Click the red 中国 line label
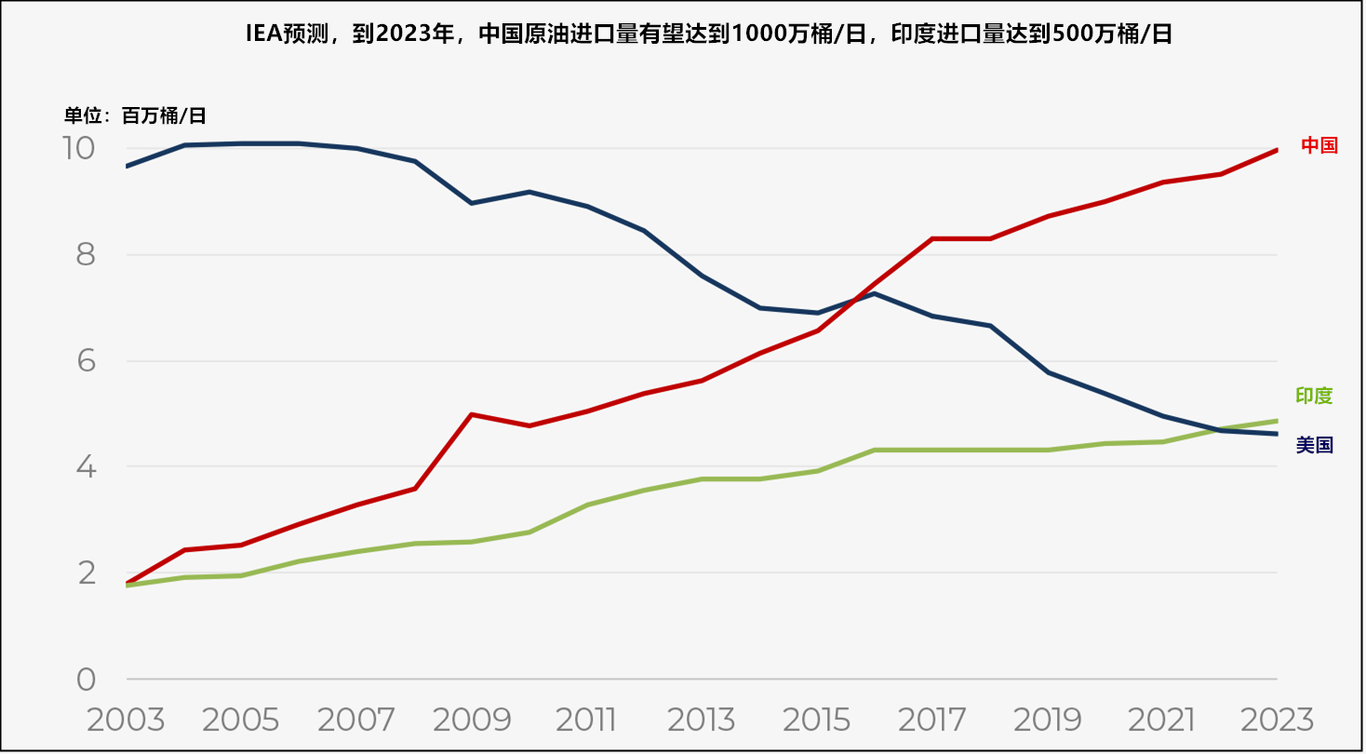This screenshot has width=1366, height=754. tap(1319, 145)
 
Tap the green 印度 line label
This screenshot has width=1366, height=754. tap(1314, 396)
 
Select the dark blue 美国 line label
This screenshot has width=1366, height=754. tap(1314, 446)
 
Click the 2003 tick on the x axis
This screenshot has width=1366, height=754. tap(126, 720)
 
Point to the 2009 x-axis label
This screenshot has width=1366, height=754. tap(472, 720)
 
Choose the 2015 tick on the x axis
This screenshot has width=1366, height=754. tap(817, 720)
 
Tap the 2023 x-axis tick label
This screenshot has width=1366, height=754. tap(1278, 720)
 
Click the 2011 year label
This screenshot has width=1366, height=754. tap(586, 720)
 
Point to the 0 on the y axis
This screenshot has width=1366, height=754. tap(86, 680)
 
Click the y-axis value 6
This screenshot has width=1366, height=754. tap(86, 361)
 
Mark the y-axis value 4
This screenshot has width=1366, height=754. tap(86, 467)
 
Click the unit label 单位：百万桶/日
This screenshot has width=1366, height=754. tap(135, 116)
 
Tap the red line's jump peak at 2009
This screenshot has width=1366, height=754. tap(472, 414)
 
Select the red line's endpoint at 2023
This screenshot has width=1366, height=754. tap(1277, 150)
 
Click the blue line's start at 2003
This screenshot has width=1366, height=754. tap(127, 167)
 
